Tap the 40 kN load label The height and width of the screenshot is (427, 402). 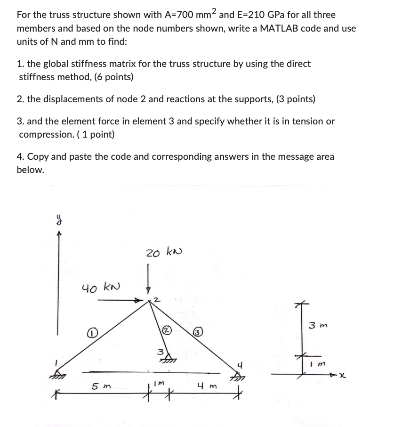click(x=101, y=287)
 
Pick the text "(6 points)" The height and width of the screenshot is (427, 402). click(x=113, y=77)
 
